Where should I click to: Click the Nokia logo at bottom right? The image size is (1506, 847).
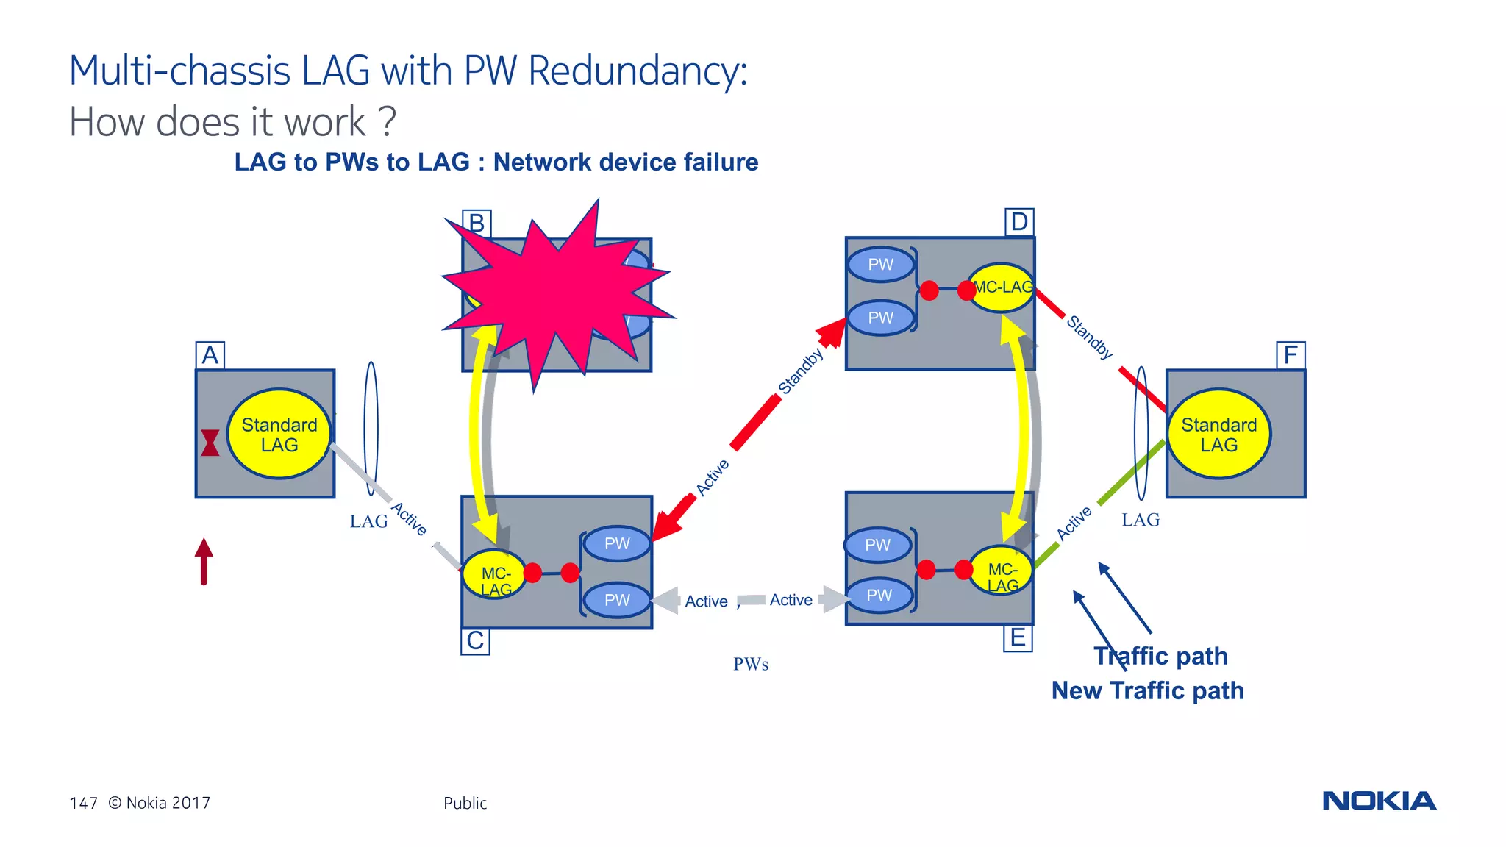[1379, 801]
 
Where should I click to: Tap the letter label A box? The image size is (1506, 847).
[210, 355]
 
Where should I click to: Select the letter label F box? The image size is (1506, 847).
[1291, 355]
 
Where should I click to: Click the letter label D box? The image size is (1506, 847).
[1019, 221]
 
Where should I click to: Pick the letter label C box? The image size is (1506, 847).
[476, 640]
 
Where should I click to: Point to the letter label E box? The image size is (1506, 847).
[1018, 637]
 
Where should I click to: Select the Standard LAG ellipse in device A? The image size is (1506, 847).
[279, 435]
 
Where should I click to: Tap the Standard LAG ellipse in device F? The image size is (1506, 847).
[1218, 435]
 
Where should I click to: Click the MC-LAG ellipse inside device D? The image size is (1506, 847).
[1002, 287]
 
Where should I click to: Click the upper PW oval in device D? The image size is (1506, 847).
[880, 265]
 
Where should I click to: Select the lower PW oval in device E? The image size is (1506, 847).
[879, 596]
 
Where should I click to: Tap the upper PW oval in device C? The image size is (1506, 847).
[617, 543]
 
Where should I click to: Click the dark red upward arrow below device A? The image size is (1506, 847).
[204, 562]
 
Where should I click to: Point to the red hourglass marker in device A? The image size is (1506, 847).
[210, 443]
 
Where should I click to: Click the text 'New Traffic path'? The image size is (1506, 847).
[1147, 690]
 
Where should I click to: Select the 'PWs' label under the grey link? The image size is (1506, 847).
[751, 664]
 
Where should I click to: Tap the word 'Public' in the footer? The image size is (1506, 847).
[465, 803]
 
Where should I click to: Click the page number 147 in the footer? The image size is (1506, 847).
[83, 803]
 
